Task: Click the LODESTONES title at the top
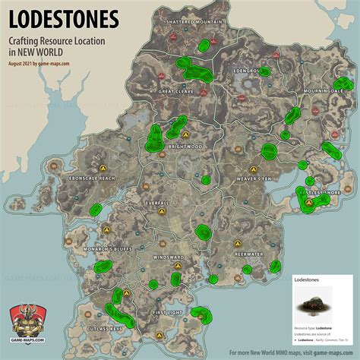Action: click(63, 17)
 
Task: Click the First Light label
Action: click(169, 312)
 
